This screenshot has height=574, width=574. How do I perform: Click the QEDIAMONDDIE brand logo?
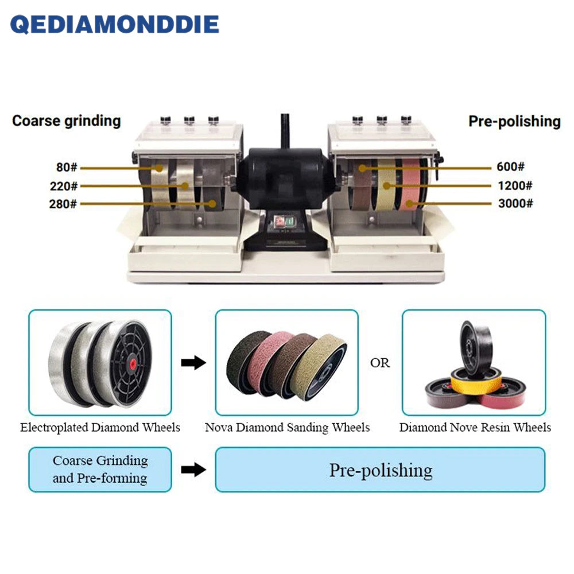pyautogui.click(x=115, y=25)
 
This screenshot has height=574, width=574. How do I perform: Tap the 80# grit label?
pyautogui.click(x=67, y=167)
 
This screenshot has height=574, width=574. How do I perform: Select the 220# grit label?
pyautogui.click(x=64, y=186)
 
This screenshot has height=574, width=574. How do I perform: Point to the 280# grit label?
pyautogui.click(x=63, y=204)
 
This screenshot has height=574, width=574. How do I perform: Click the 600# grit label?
pyautogui.click(x=510, y=166)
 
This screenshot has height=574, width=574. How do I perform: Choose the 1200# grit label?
pyautogui.click(x=515, y=185)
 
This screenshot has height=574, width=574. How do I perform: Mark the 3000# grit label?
pyautogui.click(x=515, y=203)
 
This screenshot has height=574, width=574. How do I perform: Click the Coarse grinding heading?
pyautogui.click(x=66, y=121)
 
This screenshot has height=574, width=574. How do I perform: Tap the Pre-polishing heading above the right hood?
pyautogui.click(x=514, y=122)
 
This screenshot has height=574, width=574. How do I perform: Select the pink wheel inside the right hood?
pyautogui.click(x=411, y=184)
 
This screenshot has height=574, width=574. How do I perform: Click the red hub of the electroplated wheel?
pyautogui.click(x=133, y=363)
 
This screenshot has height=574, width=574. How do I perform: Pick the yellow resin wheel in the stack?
pyautogui.click(x=476, y=381)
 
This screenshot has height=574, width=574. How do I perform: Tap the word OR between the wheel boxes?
pyautogui.click(x=380, y=363)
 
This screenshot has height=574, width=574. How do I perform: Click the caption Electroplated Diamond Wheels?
pyautogui.click(x=100, y=428)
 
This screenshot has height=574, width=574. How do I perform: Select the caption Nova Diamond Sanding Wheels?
pyautogui.click(x=287, y=428)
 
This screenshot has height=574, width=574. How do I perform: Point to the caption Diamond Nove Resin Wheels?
pyautogui.click(x=475, y=428)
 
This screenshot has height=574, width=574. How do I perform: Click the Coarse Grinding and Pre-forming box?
pyautogui.click(x=100, y=470)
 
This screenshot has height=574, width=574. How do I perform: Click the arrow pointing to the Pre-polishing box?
pyautogui.click(x=193, y=470)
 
